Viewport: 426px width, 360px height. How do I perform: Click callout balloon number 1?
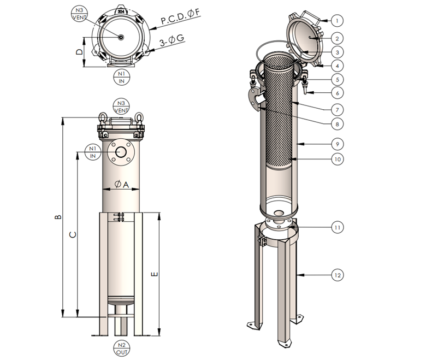point(338,21)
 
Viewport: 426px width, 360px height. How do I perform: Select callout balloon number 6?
point(338,93)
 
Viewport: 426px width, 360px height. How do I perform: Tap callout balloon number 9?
point(338,144)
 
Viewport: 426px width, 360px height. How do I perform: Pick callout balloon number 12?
point(338,275)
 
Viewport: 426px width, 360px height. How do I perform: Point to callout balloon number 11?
point(338,226)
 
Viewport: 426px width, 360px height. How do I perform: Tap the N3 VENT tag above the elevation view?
point(121,106)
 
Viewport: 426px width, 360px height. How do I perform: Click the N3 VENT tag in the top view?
point(80,14)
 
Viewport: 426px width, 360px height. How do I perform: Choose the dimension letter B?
point(58,217)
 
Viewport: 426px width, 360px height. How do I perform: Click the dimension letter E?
point(155,274)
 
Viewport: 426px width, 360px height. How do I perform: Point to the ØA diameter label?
point(122,185)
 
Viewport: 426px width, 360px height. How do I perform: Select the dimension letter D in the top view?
point(80,52)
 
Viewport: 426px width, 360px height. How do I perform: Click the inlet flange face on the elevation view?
point(121,152)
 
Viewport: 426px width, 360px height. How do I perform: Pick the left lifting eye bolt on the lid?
point(102,117)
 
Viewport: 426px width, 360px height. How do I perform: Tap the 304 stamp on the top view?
point(121,9)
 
